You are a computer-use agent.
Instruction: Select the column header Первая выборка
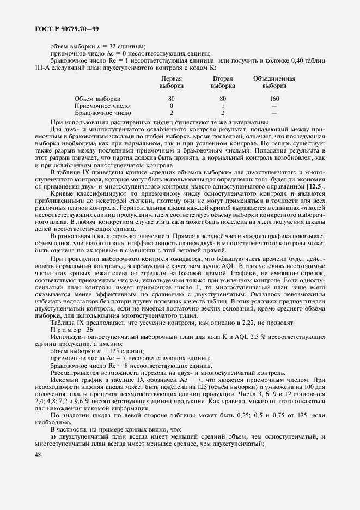(171, 82)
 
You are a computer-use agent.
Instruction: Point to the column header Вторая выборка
(223, 82)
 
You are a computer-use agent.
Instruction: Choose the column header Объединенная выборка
(274, 82)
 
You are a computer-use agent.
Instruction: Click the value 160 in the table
(274, 99)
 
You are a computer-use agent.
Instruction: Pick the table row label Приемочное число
(101, 106)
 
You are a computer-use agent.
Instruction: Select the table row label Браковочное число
(102, 113)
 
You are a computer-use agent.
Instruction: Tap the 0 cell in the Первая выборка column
(171, 106)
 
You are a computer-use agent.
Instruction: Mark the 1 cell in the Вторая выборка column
(223, 106)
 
